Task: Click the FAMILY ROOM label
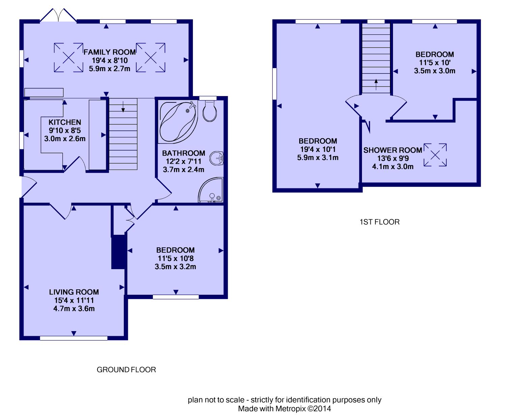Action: click(x=109, y=52)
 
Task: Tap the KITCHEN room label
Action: click(x=65, y=122)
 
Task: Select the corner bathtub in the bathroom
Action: click(x=178, y=122)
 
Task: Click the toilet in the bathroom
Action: click(x=209, y=111)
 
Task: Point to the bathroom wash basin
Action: click(x=217, y=158)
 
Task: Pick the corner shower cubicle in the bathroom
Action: click(x=210, y=190)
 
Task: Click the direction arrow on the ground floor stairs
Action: click(x=123, y=107)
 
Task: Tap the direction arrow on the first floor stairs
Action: click(x=376, y=84)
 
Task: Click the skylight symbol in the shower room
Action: click(x=435, y=155)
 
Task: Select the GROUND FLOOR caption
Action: click(x=126, y=370)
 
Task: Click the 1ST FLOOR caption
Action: click(x=379, y=222)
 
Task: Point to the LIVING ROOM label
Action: click(x=74, y=292)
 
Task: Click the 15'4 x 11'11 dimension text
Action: click(x=74, y=300)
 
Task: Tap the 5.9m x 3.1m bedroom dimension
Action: click(x=318, y=157)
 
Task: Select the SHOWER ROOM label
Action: click(x=393, y=150)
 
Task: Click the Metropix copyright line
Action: click(x=284, y=409)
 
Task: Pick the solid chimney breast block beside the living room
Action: click(x=118, y=252)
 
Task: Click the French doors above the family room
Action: click(x=58, y=15)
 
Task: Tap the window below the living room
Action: click(x=74, y=338)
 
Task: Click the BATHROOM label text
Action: click(x=184, y=153)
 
